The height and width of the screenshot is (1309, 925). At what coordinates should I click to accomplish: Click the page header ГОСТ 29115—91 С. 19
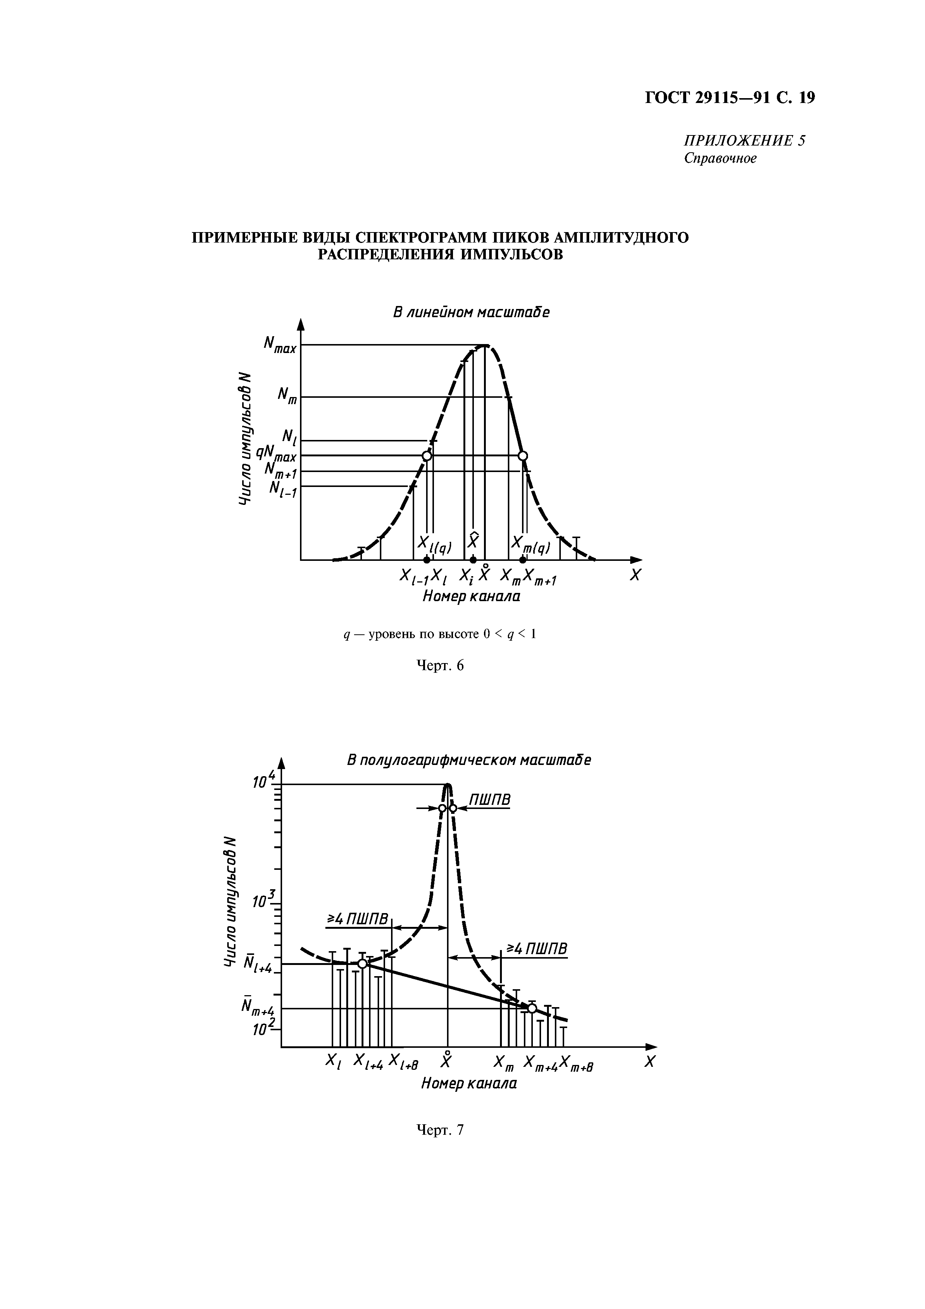click(x=729, y=98)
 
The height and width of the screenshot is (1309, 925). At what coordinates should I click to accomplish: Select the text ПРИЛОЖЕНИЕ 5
click(x=744, y=140)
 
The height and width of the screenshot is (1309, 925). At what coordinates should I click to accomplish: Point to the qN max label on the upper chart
click(x=276, y=454)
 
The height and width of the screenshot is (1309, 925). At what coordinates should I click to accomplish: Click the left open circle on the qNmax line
click(x=426, y=456)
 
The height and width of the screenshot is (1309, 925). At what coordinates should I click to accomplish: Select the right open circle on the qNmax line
click(x=522, y=456)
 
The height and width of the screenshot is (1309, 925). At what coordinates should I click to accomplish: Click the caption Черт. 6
click(x=441, y=665)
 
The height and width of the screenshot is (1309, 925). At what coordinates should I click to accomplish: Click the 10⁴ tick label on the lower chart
click(x=264, y=781)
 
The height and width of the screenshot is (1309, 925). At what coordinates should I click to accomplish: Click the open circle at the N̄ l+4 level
click(x=362, y=963)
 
